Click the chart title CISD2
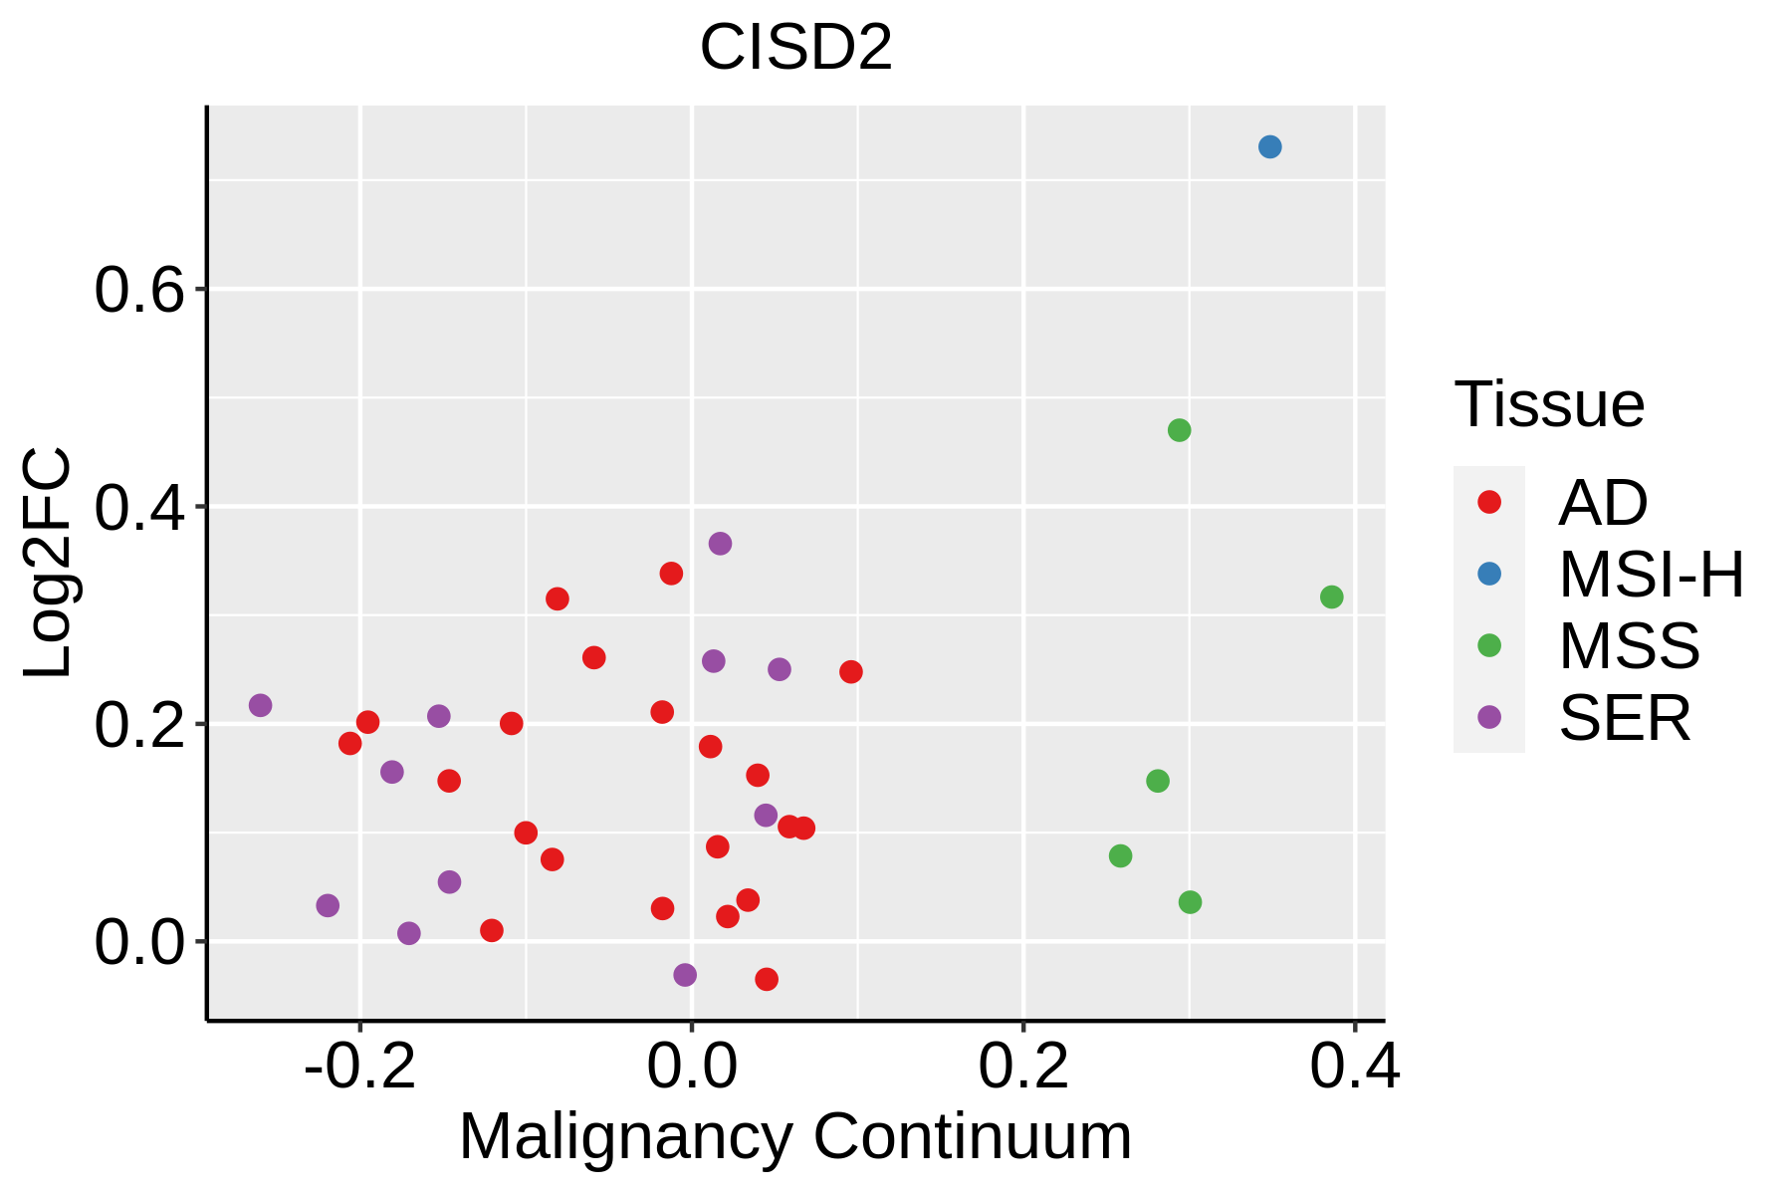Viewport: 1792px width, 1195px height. tap(796, 47)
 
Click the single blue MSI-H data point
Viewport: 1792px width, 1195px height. tap(1269, 147)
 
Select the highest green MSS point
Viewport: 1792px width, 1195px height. tap(1179, 430)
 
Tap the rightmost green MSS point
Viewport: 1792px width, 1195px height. tap(1331, 597)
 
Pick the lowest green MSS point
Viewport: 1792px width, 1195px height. tap(1190, 902)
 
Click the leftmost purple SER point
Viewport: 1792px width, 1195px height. tap(260, 705)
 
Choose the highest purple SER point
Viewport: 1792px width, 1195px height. tap(720, 544)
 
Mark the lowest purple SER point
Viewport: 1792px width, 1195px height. tap(685, 975)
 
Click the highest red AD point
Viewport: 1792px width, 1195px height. tap(671, 574)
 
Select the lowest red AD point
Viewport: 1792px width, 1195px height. tap(767, 980)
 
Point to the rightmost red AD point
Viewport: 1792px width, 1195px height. tap(850, 672)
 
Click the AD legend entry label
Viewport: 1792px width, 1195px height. tap(1603, 503)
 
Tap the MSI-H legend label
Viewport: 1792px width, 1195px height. tap(1652, 575)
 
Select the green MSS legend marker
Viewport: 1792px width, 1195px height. tap(1489, 645)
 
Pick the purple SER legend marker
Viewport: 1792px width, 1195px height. tap(1489, 717)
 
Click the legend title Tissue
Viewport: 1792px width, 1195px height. tap(1549, 404)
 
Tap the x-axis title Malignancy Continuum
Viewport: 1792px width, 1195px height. tap(795, 1137)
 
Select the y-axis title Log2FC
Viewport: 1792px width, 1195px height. tap(48, 564)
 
